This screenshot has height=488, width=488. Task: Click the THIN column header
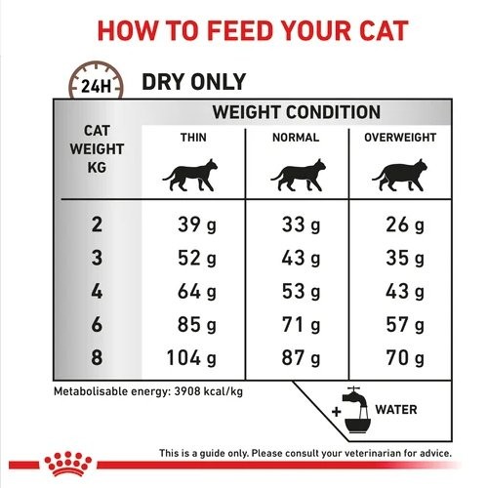192,139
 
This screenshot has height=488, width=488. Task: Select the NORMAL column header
296,139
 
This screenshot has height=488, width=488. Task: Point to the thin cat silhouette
191,177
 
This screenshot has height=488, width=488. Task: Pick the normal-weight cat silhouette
296,177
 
